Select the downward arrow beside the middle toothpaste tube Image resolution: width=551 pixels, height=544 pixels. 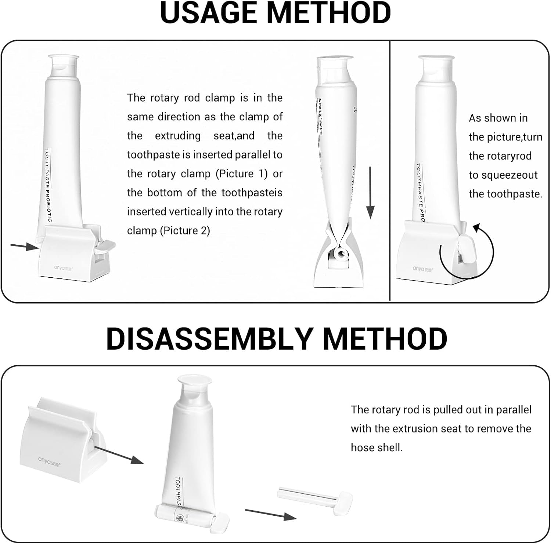[x=370, y=193]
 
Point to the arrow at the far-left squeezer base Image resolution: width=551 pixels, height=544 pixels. [x=24, y=247]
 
